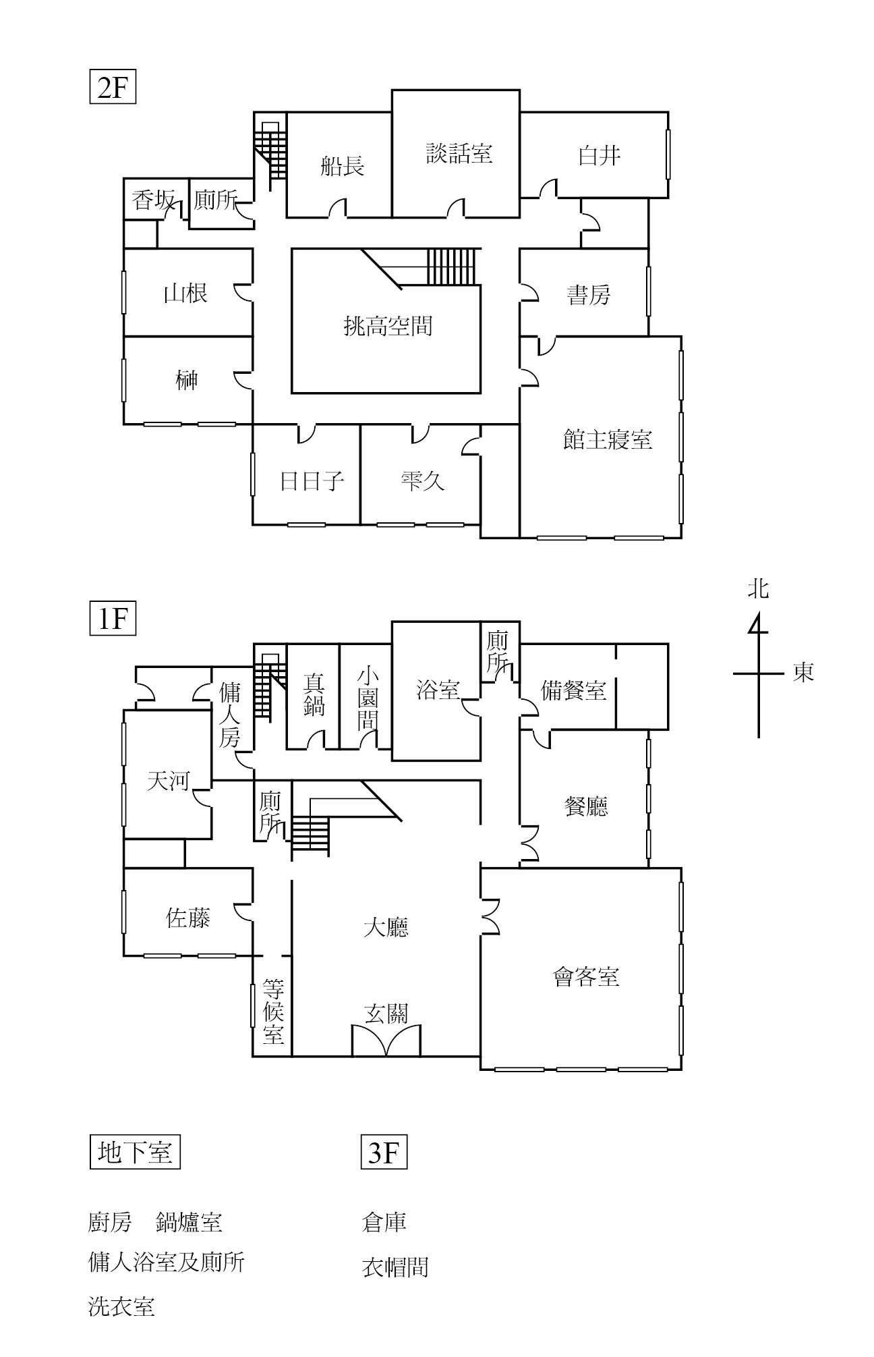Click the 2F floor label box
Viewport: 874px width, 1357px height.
(113, 88)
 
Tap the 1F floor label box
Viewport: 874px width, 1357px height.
(113, 619)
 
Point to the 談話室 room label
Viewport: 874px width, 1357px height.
(459, 153)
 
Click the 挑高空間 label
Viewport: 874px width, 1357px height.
(388, 327)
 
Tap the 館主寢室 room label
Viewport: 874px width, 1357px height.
(608, 440)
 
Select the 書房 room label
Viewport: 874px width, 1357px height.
(589, 295)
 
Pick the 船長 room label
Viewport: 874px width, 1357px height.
(343, 165)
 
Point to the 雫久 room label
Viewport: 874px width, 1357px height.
(422, 480)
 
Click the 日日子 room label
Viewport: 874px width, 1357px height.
(312, 481)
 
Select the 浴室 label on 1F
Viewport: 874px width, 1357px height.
(438, 690)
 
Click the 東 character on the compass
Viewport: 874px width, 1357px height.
(803, 672)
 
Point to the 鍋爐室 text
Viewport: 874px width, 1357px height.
(189, 1222)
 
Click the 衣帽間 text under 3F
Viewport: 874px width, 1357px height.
(395, 1267)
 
